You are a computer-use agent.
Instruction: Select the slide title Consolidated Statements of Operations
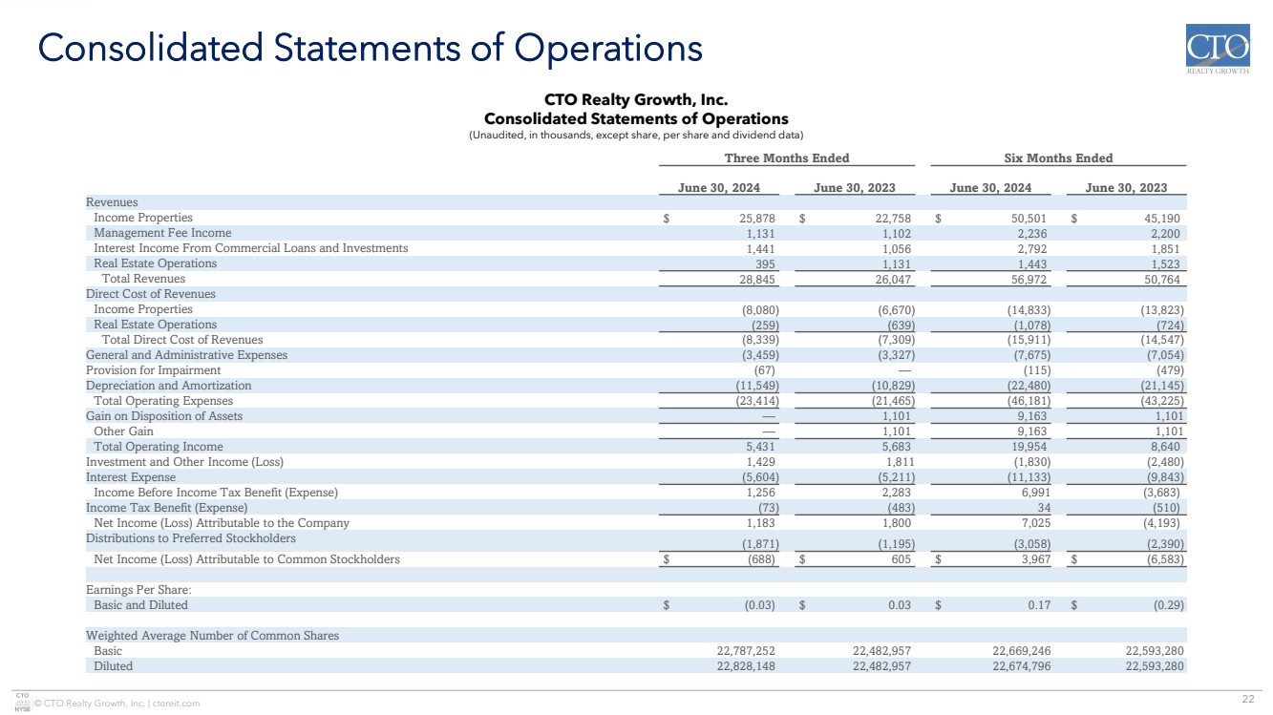click(369, 47)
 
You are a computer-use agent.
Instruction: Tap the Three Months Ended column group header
click(786, 158)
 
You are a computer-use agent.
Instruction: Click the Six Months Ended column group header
click(1058, 158)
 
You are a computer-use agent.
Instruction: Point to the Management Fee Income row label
click(162, 233)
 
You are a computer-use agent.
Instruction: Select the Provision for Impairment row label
click(153, 370)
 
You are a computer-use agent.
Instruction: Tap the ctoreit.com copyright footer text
click(117, 704)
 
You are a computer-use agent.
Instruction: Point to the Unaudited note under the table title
click(636, 135)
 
